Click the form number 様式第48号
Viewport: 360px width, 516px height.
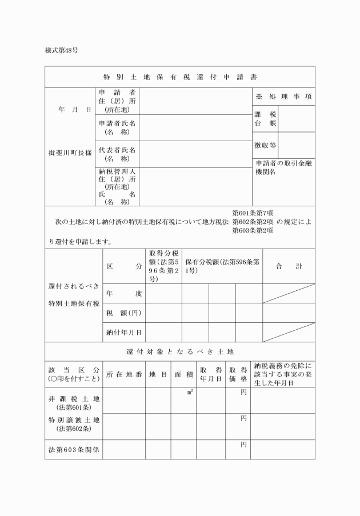pos(62,50)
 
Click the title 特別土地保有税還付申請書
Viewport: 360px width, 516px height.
pos(180,77)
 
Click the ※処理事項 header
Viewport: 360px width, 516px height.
pos(283,97)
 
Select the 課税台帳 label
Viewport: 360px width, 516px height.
pos(262,118)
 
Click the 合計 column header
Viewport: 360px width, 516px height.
pos(289,266)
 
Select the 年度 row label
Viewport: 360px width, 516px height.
pos(123,293)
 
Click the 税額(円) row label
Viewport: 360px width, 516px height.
pos(123,313)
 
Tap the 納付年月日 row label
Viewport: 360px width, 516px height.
pos(123,332)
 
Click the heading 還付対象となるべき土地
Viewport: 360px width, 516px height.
pos(180,351)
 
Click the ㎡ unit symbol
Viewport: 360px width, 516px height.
pos(190,392)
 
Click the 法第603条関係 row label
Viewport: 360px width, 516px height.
pos(74,450)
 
